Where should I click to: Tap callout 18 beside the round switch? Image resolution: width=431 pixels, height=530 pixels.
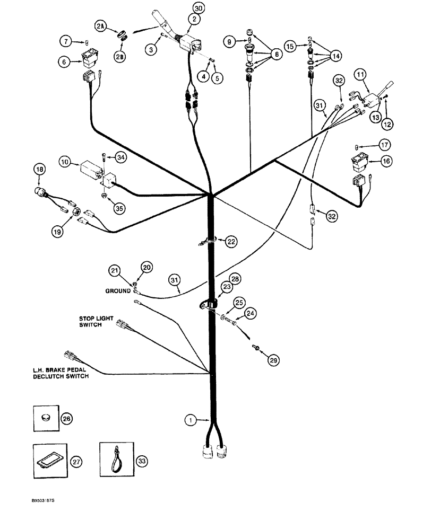click(x=40, y=170)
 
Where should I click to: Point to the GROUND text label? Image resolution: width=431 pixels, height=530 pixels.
click(x=118, y=290)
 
